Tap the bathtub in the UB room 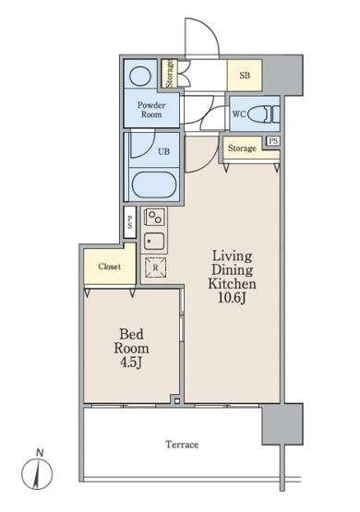pos(154,185)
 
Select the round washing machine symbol pos(140,76)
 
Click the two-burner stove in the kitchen pos(154,217)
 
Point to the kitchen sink pos(154,242)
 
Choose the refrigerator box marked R pos(155,268)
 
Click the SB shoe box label pos(245,76)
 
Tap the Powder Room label pos(151,110)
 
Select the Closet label pos(110,267)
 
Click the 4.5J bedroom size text pos(131,363)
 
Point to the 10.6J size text pos(232,298)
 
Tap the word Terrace pos(182,445)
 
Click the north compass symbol pos(37,471)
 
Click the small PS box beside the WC pos(273,141)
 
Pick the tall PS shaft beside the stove pos(129,222)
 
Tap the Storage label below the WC pos(242,149)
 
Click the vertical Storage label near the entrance pos(169,74)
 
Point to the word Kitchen pos(232,283)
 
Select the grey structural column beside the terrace pos(282,423)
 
